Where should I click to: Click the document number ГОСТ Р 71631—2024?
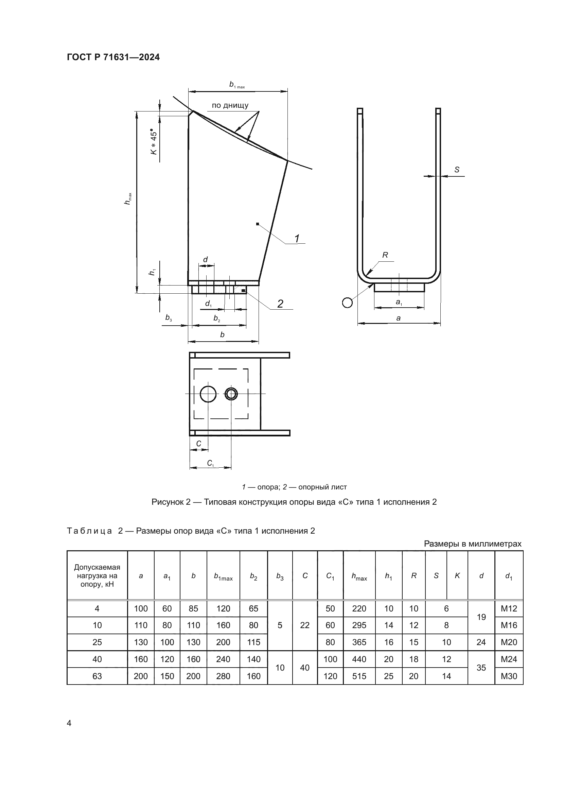[113, 57]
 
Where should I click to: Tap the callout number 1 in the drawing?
[297, 239]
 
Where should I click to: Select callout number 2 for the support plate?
[280, 304]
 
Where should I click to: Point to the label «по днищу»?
[230, 105]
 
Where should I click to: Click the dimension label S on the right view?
[457, 170]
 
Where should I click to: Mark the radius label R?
[385, 255]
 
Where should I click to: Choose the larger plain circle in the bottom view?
[208, 394]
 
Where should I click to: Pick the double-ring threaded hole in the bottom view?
[231, 394]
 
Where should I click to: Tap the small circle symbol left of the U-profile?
[347, 303]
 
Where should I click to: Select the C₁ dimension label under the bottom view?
[210, 463]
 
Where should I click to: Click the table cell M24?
[509, 659]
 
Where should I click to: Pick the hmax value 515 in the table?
[359, 676]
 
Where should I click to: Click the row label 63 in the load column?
[97, 676]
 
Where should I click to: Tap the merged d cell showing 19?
[481, 617]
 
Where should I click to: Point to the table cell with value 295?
[359, 625]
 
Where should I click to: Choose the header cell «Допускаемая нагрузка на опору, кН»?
[97, 576]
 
